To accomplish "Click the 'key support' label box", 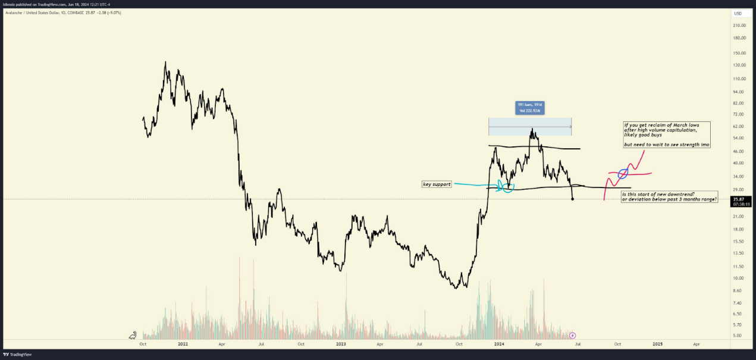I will click(x=437, y=184).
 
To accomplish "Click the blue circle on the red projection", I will click(x=623, y=174).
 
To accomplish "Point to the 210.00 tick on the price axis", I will click(x=739, y=25).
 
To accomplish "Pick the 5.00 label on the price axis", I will click(x=738, y=336).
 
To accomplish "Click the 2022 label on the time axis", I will click(x=183, y=344).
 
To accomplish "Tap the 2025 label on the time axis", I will click(x=657, y=344).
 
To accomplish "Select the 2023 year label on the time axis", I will click(x=341, y=344).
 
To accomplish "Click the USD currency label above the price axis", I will click(x=738, y=13).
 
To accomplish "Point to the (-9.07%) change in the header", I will click(x=112, y=12).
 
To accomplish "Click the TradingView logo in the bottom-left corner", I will click(x=17, y=355).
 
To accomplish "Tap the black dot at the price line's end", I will click(x=572, y=199).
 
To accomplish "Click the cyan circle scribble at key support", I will click(x=507, y=187).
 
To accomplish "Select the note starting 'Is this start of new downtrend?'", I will click(x=669, y=197).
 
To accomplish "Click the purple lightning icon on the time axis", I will click(x=572, y=336).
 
